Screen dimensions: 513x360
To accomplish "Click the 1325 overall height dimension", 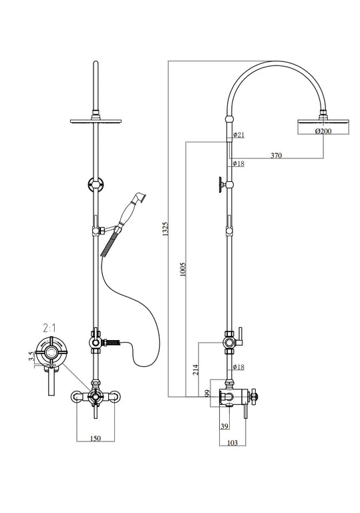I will [x=164, y=230].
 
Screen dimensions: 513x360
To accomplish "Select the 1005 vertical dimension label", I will [x=183, y=270].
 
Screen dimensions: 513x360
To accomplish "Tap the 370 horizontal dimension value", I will [x=276, y=156].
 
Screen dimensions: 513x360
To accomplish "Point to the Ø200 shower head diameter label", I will [x=324, y=132].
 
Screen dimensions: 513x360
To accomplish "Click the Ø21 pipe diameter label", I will [x=238, y=135].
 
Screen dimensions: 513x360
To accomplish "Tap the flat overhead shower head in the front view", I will [x=98, y=121].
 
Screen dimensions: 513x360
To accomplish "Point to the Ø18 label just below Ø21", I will [x=238, y=164].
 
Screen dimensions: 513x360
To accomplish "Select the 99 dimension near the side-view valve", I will [x=208, y=393].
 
